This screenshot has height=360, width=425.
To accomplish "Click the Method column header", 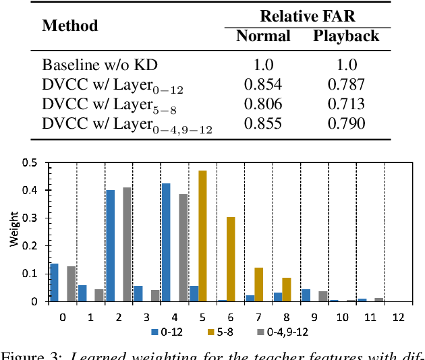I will [70, 26].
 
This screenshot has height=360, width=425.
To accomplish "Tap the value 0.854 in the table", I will [263, 85].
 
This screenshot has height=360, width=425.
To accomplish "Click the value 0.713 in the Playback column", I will [346, 104].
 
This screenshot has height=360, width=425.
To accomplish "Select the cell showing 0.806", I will [263, 104].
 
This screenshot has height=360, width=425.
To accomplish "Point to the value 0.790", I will [346, 124].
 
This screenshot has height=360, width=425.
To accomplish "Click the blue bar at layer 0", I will [55, 282].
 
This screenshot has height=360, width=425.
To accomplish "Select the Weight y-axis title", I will [14, 233].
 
